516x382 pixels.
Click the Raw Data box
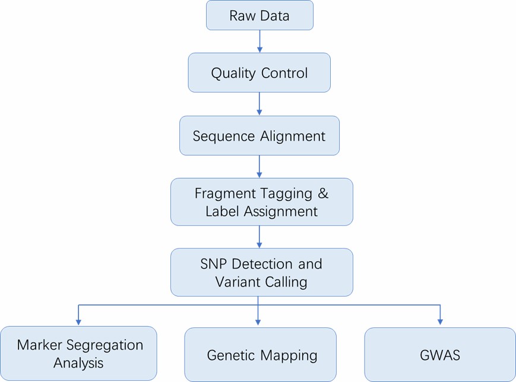point(259,15)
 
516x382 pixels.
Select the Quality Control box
point(259,73)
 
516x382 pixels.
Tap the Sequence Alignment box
point(259,136)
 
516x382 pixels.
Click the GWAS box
point(440,355)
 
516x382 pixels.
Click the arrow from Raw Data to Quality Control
point(259,42)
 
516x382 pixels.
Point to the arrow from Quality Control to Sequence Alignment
point(259,104)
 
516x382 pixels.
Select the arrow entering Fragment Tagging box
point(259,167)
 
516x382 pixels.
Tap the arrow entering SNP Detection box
point(259,237)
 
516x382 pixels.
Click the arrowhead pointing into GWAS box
point(440,321)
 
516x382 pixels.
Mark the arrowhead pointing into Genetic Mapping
point(258,321)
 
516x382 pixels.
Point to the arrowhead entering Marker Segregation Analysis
point(78,321)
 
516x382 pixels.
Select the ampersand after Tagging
point(322,194)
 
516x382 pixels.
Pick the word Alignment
point(294,136)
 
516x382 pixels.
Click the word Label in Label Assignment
point(220,211)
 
